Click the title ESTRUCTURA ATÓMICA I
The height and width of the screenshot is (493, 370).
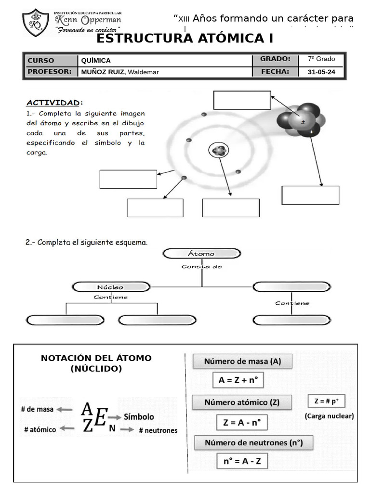pos(185,39)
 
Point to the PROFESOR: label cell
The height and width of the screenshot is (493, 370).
pos(51,72)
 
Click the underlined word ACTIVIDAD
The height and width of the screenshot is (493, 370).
pos(53,103)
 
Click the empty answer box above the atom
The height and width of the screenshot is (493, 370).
pos(242,100)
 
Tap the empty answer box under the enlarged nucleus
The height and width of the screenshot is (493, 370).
pos(310,195)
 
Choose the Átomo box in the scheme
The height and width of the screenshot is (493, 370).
pos(201,254)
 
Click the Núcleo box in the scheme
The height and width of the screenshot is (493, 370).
pos(110,287)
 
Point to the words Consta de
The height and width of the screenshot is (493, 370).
pos(201,266)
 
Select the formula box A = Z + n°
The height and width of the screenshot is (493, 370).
pos(238,380)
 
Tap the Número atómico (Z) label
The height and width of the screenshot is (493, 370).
pos(242,402)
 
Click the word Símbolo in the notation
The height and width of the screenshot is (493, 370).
pos(139,417)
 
